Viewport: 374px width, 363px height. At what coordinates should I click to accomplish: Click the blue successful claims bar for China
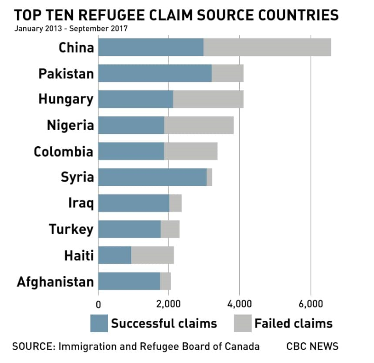coord(151,47)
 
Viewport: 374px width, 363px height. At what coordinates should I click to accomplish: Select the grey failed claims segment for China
coord(267,47)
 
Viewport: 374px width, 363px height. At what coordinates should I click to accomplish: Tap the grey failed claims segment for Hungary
coord(208,99)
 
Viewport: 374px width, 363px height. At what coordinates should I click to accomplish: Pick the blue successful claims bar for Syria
coord(153,177)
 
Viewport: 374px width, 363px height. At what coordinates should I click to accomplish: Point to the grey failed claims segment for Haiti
coord(152,256)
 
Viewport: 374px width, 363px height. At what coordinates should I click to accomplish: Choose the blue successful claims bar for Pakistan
coord(155,73)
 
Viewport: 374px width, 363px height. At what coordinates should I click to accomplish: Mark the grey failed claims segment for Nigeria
coord(199,125)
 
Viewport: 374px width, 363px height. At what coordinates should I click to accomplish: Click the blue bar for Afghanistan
coord(129,282)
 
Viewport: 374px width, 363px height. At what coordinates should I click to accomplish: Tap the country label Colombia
coord(64,152)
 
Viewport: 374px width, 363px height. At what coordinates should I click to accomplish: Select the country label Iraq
coord(81,204)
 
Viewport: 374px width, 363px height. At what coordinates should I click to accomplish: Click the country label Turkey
coord(71,230)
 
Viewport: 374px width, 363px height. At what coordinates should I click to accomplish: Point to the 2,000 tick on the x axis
coord(169,303)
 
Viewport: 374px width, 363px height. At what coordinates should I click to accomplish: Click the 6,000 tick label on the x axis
coord(310,303)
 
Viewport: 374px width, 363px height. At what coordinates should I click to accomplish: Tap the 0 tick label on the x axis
coord(98,303)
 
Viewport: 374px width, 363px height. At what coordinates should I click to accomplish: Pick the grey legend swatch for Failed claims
coord(242,324)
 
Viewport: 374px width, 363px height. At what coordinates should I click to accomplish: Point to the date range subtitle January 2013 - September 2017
coord(71,28)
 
